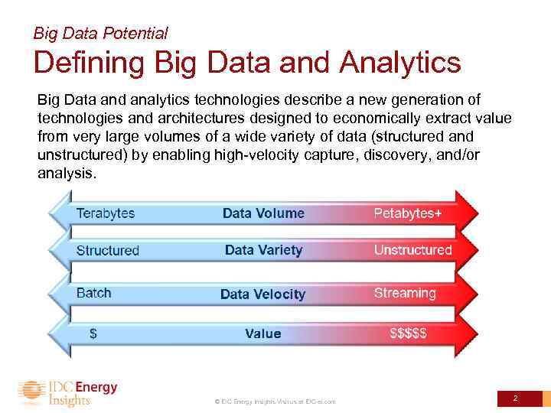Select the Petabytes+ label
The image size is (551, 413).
[x=407, y=213]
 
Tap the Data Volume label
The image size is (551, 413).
[x=263, y=213]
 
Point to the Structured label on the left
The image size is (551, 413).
[x=108, y=250]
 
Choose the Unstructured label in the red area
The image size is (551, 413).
[x=412, y=250]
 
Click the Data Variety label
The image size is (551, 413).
[x=263, y=250]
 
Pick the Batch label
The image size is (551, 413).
[x=94, y=293]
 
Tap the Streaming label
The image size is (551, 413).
[x=405, y=293]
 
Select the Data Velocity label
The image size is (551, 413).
[x=262, y=294]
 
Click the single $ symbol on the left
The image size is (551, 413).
[x=93, y=333]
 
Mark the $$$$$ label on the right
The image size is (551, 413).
[x=409, y=333]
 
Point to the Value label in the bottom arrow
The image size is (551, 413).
[x=262, y=333]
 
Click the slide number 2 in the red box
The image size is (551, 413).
[x=515, y=398]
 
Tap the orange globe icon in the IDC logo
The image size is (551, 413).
[x=31, y=393]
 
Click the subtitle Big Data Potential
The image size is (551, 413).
[x=100, y=34]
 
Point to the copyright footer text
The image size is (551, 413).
[x=275, y=402]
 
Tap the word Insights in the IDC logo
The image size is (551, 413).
[x=70, y=400]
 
